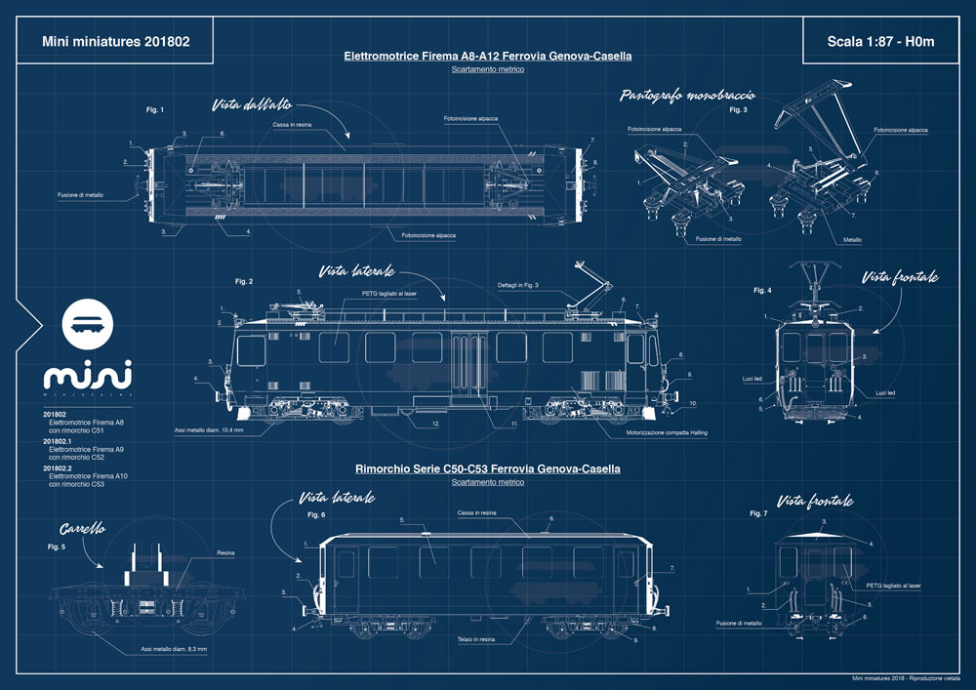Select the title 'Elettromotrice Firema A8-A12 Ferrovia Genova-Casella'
pyautogui.click(x=488, y=57)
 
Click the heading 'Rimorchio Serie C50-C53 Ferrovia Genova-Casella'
pyautogui.click(x=488, y=468)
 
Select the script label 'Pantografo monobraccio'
pyautogui.click(x=692, y=96)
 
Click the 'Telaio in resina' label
pyautogui.click(x=476, y=638)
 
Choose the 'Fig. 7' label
pyautogui.click(x=758, y=512)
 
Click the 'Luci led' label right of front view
pyautogui.click(x=886, y=392)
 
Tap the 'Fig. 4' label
pyautogui.click(x=762, y=291)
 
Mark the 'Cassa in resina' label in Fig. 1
pyautogui.click(x=292, y=125)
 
